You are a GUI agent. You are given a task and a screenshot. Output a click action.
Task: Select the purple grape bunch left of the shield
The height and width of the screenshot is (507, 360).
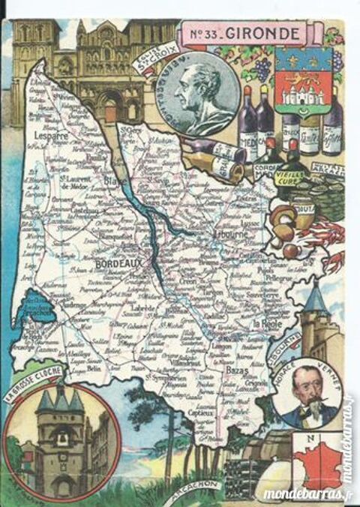(x=262, y=69)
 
